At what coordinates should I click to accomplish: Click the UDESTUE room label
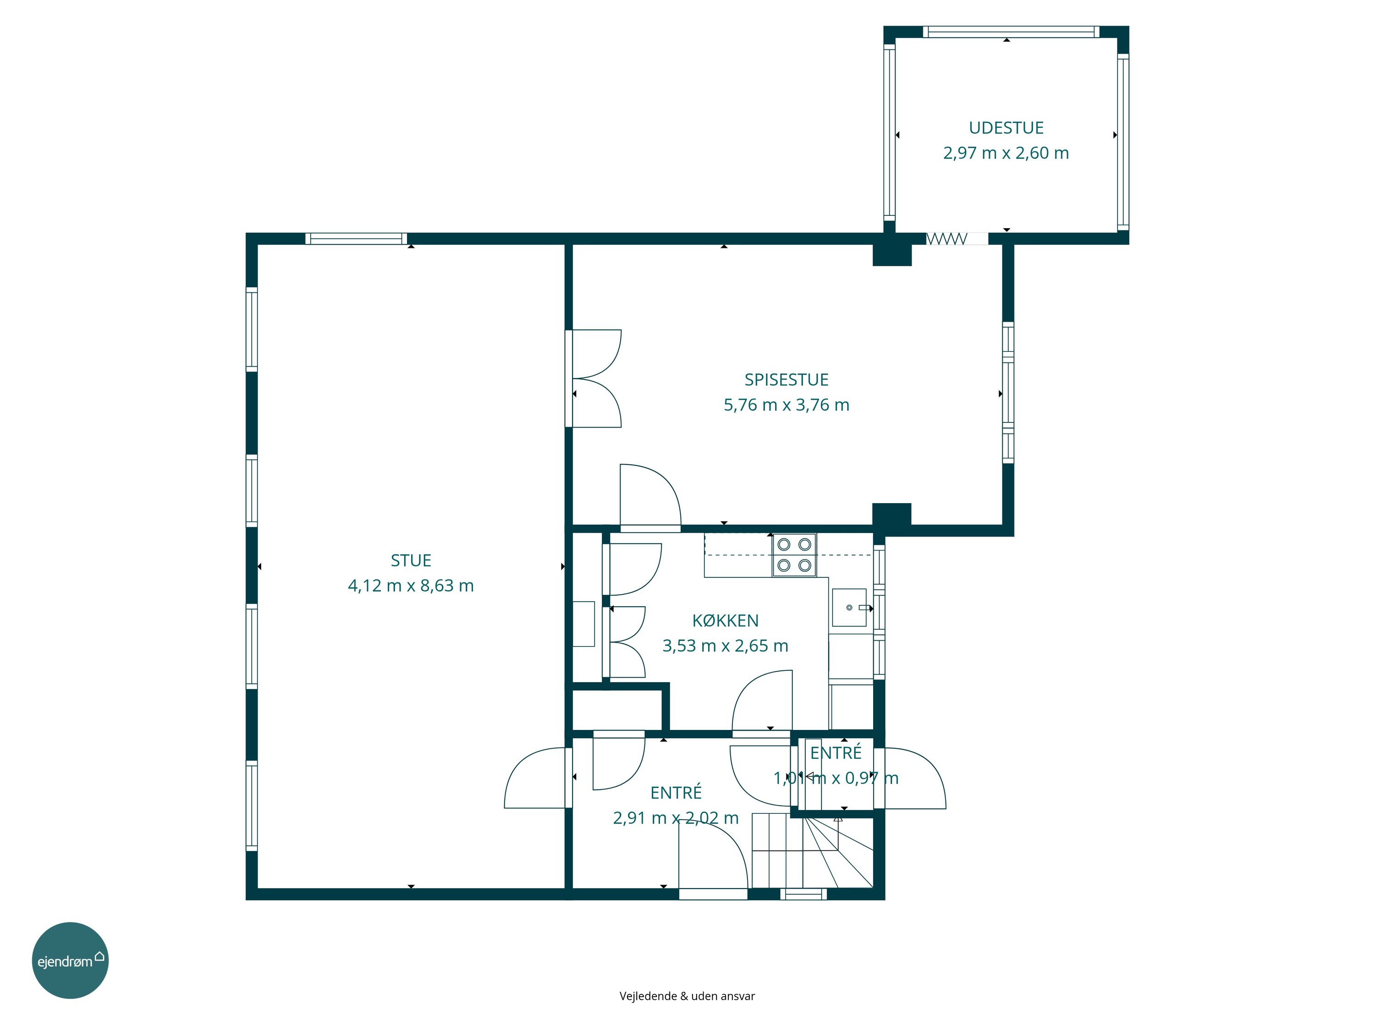pos(1006,128)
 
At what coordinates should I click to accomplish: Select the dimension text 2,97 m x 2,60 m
pos(1006,153)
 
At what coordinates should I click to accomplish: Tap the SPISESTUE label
pos(786,380)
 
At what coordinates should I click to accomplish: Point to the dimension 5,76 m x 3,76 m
pos(786,405)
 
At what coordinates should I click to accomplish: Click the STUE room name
pos(411,560)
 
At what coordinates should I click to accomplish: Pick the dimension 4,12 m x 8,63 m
pos(411,586)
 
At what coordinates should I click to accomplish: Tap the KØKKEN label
pos(726,620)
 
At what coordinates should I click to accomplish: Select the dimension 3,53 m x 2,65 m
pos(726,646)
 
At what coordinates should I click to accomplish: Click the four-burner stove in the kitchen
pos(794,555)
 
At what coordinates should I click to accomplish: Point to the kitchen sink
pos(849,607)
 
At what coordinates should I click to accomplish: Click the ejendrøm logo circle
pos(70,960)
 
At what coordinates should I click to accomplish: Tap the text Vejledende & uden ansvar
pos(687,996)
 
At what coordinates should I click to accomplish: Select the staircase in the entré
pos(813,851)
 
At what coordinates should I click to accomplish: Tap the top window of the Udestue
pos(1011,32)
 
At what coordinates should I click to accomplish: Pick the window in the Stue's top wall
pos(356,239)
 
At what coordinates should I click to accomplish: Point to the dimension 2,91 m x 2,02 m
pos(676,818)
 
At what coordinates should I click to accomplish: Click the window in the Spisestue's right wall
pos(1008,393)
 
